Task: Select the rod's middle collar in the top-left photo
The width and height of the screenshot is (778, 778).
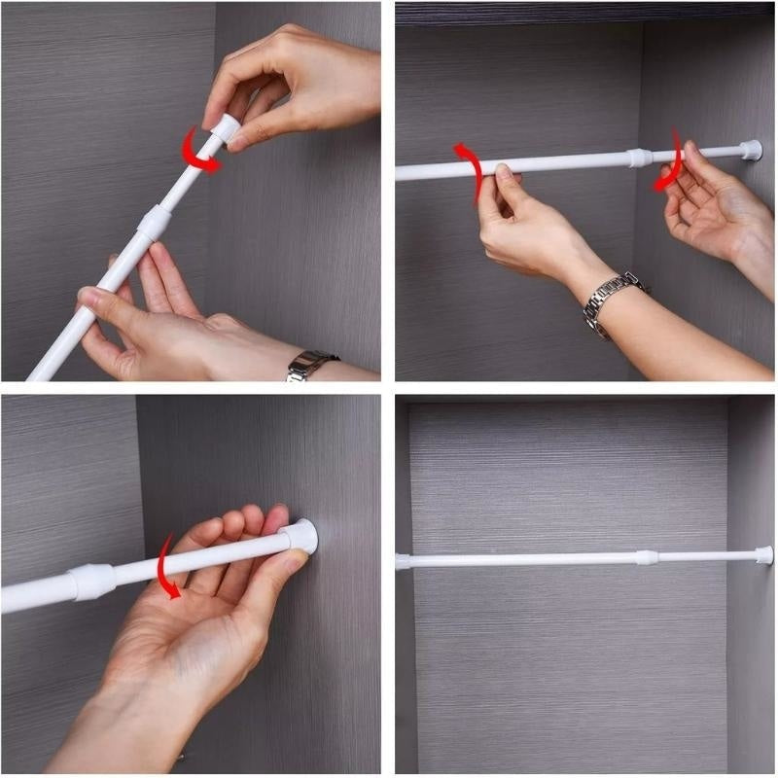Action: click(155, 223)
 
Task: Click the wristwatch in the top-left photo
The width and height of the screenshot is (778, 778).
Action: click(310, 365)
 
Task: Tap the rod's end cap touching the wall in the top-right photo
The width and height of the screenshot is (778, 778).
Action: click(750, 150)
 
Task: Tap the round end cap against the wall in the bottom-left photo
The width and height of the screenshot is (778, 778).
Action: click(302, 536)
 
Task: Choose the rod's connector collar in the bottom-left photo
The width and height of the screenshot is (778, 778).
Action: click(93, 580)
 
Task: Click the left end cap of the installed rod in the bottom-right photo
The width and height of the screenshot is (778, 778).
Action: click(403, 562)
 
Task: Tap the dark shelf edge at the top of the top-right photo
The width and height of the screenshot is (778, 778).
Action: click(583, 13)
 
